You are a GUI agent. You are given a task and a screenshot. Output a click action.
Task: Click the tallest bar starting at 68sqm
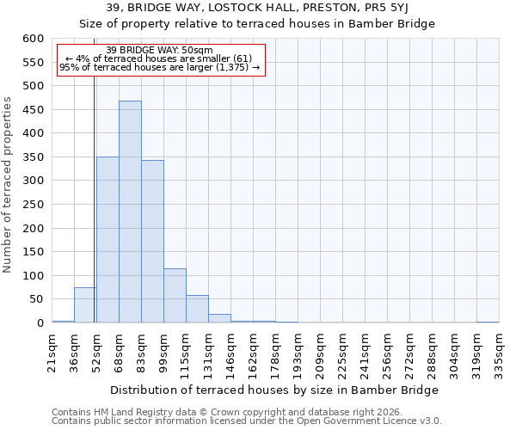[130, 212]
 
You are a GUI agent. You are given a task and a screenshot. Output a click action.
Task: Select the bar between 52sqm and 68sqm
[107, 240]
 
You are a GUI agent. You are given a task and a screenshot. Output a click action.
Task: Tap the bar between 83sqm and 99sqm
[152, 242]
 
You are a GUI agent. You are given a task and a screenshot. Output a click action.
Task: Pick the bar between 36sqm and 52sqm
[85, 305]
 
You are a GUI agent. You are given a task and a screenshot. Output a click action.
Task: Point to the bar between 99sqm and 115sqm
[175, 296]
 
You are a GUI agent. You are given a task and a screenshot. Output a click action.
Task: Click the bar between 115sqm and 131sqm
[197, 309]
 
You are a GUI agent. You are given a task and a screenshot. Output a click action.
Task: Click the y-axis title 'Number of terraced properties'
[8, 185]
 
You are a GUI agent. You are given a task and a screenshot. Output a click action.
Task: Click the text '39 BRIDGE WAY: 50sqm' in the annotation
[161, 50]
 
